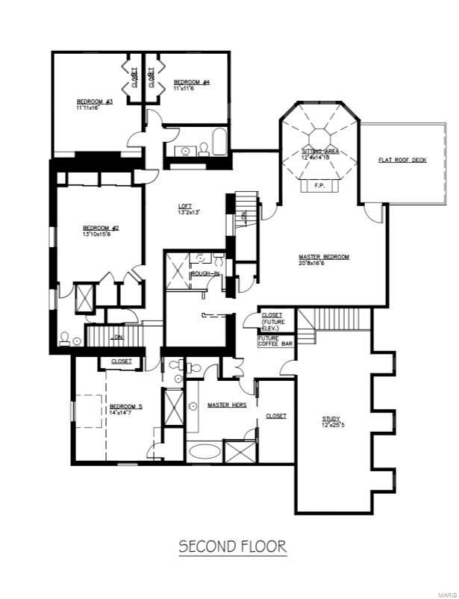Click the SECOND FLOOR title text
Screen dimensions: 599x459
tap(232, 547)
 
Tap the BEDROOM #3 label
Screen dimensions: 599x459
tap(94, 102)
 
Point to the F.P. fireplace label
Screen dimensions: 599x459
tap(319, 184)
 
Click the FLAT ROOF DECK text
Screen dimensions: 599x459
tap(402, 160)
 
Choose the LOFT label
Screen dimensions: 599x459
tap(186, 206)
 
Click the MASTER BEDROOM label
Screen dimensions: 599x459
tap(324, 257)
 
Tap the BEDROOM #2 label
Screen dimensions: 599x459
tap(101, 228)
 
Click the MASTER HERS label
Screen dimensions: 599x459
tap(227, 405)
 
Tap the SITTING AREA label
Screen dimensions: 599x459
tap(320, 150)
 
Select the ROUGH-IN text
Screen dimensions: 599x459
tap(204, 274)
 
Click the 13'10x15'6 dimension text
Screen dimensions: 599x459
tap(101, 235)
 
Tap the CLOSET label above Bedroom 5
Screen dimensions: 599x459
tap(121, 361)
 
